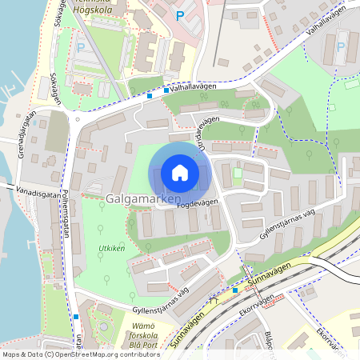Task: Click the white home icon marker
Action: click(180, 172)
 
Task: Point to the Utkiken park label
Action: click(111, 250)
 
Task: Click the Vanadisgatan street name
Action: click(36, 193)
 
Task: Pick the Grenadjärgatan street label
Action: click(26, 135)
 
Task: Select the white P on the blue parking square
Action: click(179, 14)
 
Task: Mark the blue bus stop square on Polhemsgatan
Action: click(75, 317)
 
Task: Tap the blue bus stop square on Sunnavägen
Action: click(235, 290)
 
